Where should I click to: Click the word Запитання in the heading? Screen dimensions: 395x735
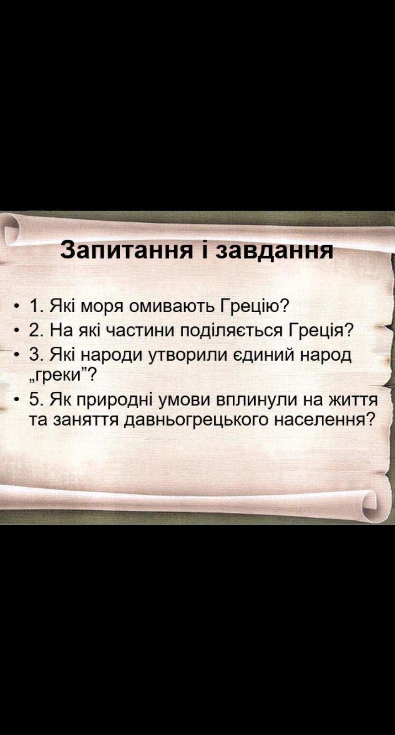click(127, 250)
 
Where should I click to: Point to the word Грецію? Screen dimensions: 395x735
click(254, 306)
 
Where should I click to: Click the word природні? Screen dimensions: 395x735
click(116, 400)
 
